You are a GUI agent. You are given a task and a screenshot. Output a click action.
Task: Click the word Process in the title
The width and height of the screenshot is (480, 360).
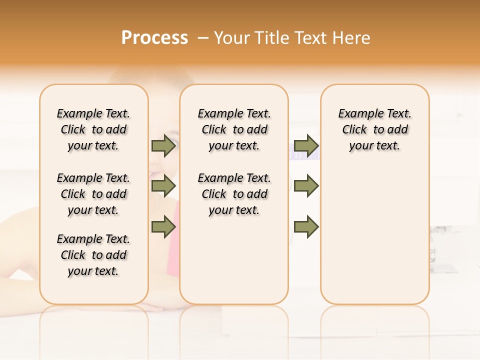pos(154,38)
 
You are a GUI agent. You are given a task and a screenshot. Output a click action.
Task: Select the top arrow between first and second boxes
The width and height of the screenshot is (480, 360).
pos(163,145)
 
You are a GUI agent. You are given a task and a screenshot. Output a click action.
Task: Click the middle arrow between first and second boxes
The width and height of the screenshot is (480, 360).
pos(163,186)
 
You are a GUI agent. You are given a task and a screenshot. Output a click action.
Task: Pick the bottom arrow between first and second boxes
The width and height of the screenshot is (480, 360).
pos(163,226)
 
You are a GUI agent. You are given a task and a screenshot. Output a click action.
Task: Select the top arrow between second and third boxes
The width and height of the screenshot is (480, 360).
pos(306,145)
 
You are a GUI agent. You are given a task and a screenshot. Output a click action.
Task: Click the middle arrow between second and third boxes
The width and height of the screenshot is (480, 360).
pos(306,186)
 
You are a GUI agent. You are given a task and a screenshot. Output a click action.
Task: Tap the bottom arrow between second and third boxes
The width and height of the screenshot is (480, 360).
pos(306,226)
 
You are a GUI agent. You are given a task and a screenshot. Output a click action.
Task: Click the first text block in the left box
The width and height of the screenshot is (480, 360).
pos(93,129)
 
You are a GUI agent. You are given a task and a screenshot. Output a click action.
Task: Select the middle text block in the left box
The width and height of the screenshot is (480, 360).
pos(93,194)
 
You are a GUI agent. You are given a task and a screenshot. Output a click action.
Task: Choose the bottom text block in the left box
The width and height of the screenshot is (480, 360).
pos(93,255)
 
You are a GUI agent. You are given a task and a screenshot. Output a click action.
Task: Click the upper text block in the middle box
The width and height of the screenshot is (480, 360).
pos(234,129)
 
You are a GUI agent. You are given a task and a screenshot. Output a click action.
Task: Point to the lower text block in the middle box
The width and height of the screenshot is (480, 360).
pos(234,194)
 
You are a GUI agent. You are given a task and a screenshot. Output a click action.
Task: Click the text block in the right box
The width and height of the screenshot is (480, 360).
pos(374,129)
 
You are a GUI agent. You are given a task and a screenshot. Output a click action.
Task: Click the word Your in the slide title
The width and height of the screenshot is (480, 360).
pos(228,38)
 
